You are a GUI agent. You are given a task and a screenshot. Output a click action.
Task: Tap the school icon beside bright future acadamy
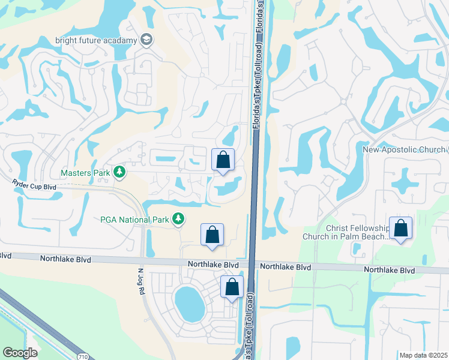point(145,40)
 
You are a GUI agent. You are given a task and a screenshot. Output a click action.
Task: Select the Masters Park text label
point(85,173)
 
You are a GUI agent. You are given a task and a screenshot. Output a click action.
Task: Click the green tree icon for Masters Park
point(120,173)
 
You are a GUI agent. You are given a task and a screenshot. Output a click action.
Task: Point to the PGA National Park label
point(135,220)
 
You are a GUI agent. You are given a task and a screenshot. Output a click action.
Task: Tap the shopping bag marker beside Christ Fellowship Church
point(400,229)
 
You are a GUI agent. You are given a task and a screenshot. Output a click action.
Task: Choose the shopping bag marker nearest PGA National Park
point(212,235)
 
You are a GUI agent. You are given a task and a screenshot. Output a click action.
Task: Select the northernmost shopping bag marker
point(223,160)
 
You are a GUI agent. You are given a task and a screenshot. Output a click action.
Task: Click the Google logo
point(20,353)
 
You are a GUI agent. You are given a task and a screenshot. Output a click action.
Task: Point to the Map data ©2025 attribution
point(423,355)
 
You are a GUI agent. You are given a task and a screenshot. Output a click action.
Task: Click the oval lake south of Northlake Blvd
point(190,303)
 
